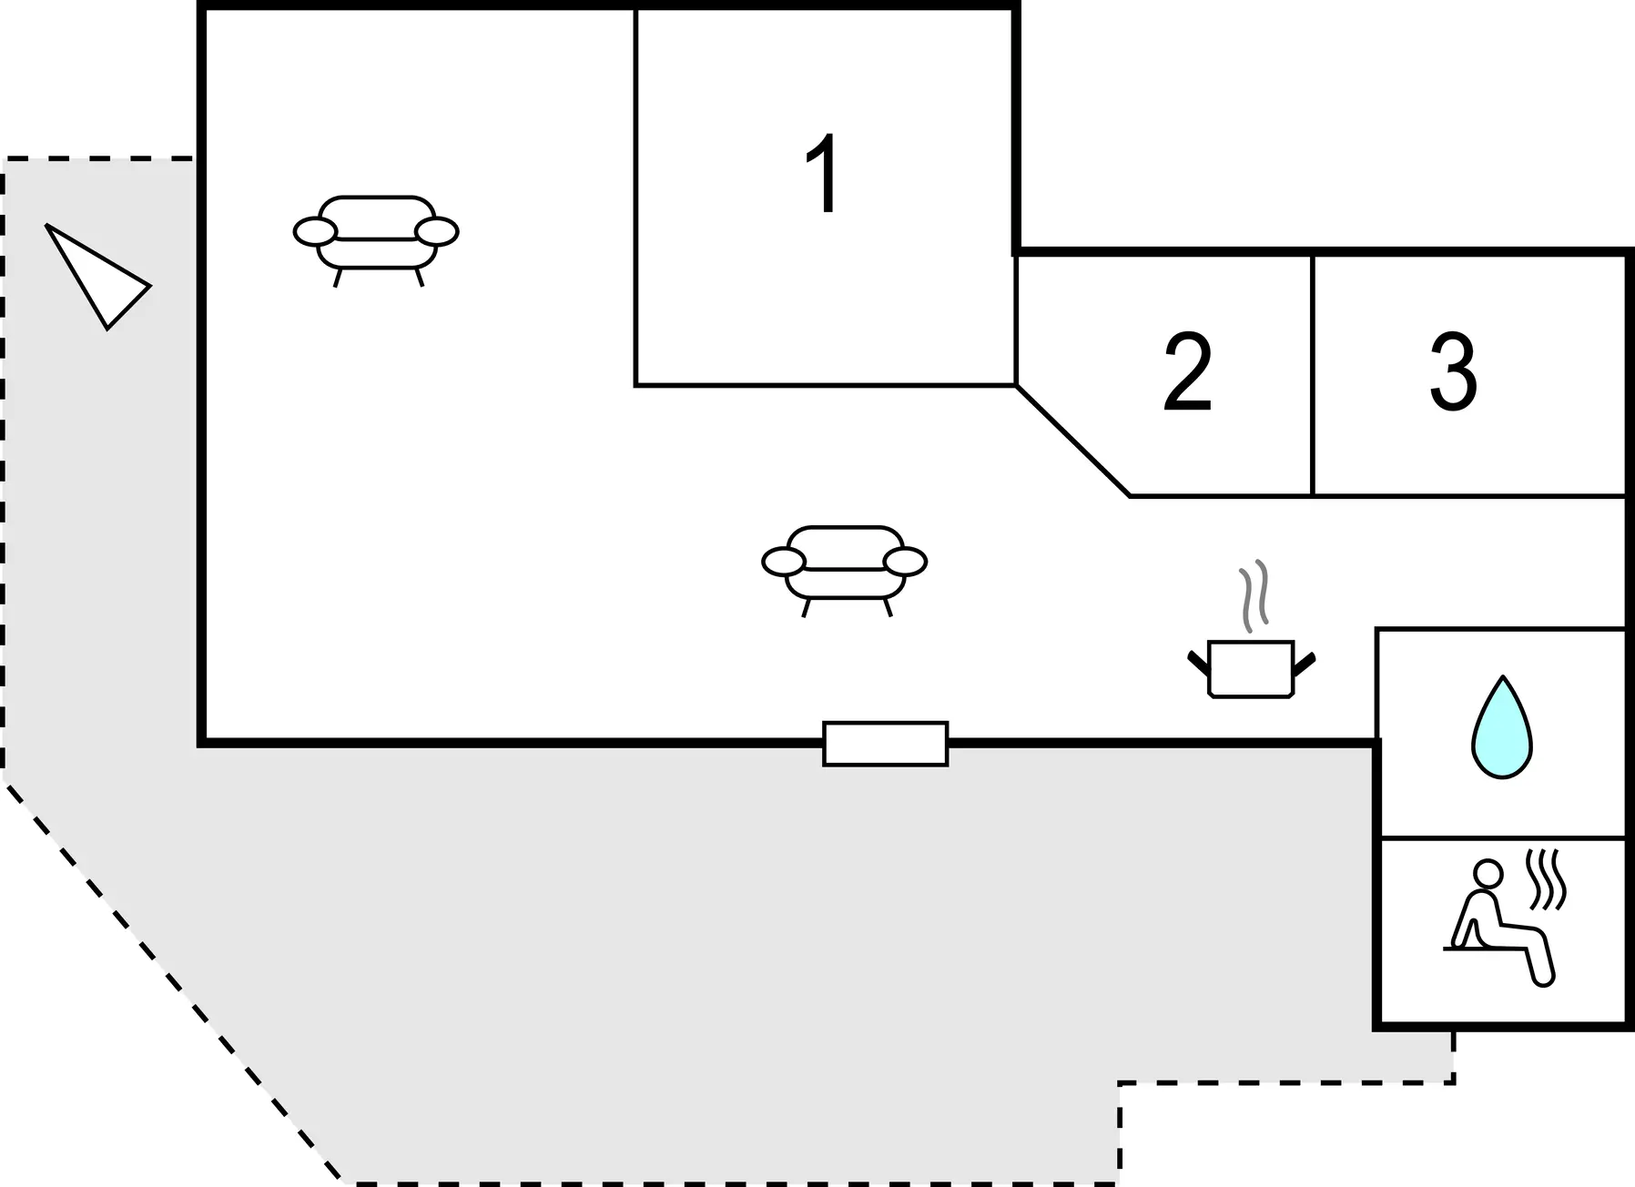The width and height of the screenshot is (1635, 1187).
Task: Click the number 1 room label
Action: click(823, 174)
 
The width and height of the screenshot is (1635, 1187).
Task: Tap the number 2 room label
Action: click(1188, 372)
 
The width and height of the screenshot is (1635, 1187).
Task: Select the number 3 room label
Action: click(1453, 372)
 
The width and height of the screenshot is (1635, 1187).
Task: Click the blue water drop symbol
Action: click(1502, 727)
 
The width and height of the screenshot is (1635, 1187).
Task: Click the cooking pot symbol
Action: click(1252, 669)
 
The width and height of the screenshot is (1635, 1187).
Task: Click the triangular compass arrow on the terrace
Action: click(98, 276)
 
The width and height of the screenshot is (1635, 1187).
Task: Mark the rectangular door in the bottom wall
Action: click(886, 744)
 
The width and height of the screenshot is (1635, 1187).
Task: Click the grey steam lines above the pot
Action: click(1254, 596)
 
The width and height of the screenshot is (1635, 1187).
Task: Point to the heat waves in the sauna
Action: click(1547, 879)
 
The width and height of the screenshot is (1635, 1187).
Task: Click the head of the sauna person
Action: click(1488, 874)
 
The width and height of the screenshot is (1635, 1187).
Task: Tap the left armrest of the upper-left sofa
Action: click(315, 232)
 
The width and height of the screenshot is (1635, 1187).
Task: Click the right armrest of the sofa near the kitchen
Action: click(905, 563)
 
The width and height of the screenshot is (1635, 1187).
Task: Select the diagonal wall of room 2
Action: click(1073, 441)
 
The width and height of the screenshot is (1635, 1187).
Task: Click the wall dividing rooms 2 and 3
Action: click(1313, 375)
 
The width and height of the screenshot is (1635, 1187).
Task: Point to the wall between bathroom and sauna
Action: click(1503, 837)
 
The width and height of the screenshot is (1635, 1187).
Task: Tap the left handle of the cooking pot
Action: click(1198, 663)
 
